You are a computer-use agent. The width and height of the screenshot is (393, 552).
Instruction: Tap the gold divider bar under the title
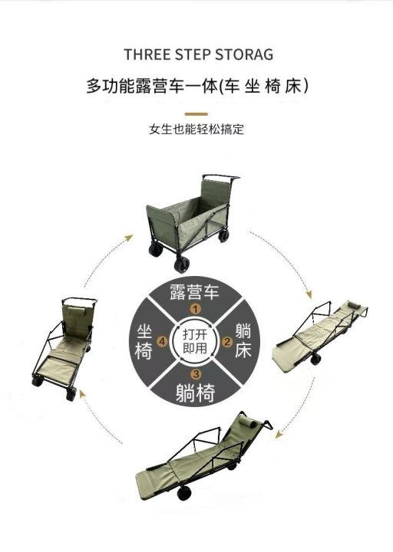[x=196, y=114]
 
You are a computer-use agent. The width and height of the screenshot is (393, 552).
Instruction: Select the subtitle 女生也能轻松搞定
[x=196, y=130]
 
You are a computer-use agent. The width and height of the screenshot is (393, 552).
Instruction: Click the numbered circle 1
[x=195, y=310]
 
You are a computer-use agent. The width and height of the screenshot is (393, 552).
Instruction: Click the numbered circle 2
[x=227, y=341]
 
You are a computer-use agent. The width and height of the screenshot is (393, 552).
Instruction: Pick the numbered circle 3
[x=196, y=373]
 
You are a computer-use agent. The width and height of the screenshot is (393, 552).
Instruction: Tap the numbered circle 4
[x=163, y=341]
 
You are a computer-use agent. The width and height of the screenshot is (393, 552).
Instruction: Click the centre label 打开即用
[x=195, y=341]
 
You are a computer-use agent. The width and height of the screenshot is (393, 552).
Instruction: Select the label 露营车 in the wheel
[x=194, y=292]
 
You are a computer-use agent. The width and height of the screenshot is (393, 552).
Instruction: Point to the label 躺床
[x=243, y=341]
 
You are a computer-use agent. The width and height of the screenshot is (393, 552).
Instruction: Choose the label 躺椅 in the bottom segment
[x=195, y=393]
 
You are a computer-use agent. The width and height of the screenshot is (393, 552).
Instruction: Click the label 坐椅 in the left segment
[x=144, y=341]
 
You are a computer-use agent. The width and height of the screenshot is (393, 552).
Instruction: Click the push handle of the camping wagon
[x=221, y=177]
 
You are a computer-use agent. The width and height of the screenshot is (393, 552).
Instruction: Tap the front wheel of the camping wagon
[x=181, y=265]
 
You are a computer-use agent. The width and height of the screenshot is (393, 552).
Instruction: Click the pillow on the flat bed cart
[x=353, y=305]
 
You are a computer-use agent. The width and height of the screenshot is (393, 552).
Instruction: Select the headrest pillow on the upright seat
[x=77, y=311]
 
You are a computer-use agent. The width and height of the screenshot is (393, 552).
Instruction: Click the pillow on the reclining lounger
[x=247, y=421]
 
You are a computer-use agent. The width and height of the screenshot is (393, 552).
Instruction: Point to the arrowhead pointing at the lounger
[x=279, y=435]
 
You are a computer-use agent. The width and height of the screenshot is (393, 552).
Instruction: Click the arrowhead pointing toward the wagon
[x=129, y=238]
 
